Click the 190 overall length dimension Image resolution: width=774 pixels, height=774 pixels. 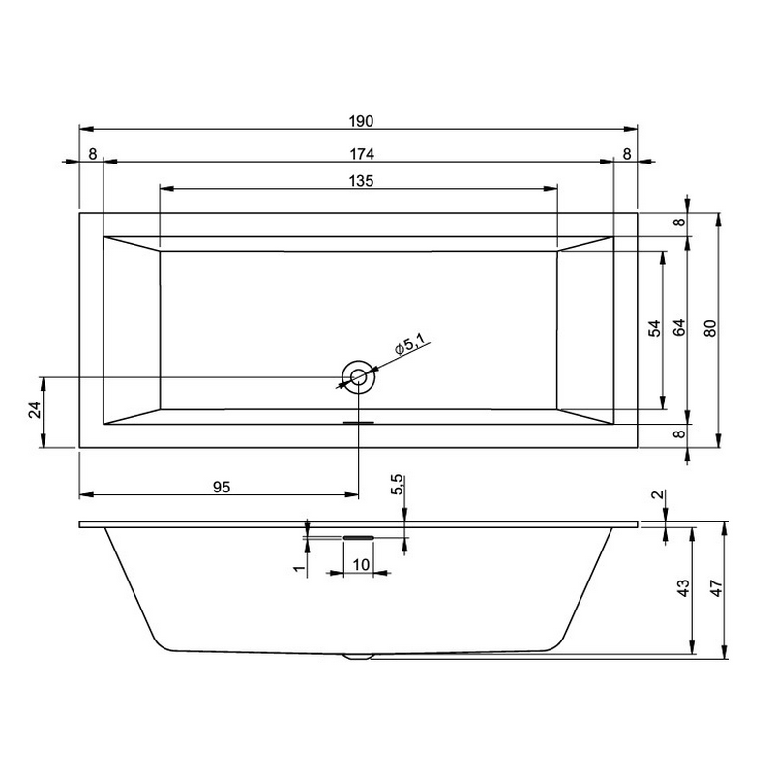click(361, 121)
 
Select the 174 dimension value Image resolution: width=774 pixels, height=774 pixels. click(362, 154)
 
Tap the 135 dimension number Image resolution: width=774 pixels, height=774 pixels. click(361, 181)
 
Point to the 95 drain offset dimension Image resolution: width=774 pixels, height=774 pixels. click(222, 488)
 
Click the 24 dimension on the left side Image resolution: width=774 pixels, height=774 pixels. click(35, 410)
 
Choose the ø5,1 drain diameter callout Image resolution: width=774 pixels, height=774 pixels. click(409, 344)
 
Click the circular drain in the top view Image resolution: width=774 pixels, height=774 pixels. click(358, 377)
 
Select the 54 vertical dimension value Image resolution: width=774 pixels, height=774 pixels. click(654, 328)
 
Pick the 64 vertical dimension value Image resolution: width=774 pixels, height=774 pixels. click(680, 328)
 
